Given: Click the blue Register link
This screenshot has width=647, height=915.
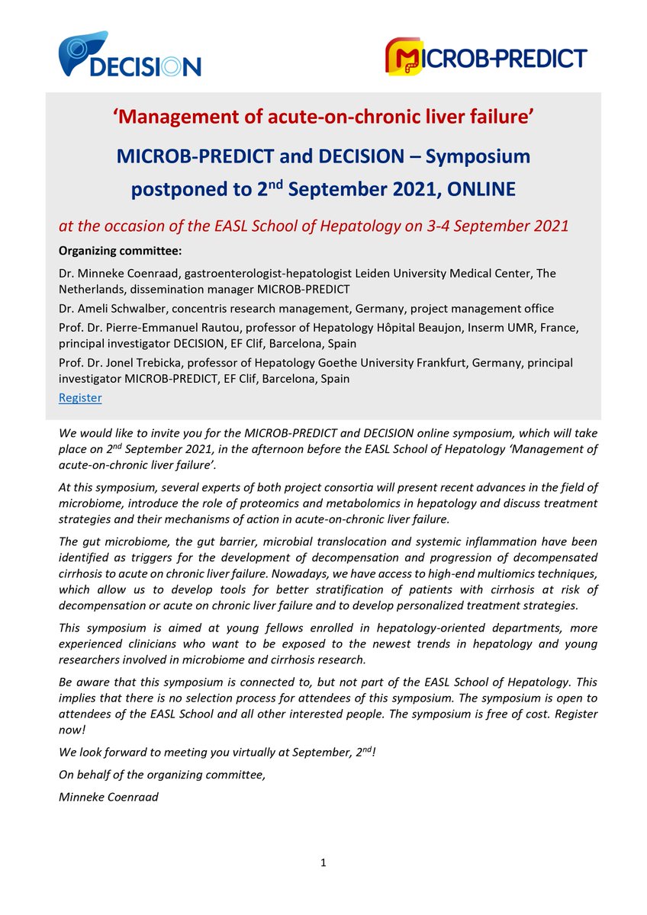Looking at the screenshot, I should (x=80, y=397).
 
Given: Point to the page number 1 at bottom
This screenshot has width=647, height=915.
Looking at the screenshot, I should (x=323, y=862).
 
